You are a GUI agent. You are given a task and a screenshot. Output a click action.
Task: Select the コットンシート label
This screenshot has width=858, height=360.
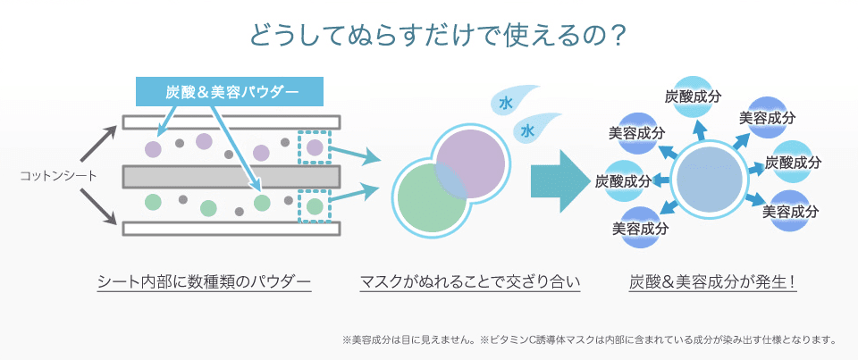(59, 175)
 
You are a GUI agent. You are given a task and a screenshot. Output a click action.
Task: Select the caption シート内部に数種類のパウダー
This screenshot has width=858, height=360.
(204, 282)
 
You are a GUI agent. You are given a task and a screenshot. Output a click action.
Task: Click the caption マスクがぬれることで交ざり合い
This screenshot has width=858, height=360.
(469, 282)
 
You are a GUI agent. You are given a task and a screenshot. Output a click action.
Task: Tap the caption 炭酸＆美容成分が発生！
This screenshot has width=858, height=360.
(713, 282)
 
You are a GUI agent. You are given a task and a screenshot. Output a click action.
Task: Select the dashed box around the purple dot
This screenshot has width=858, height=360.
(315, 147)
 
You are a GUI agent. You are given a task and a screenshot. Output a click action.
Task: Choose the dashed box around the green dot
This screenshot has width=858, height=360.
(315, 206)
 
